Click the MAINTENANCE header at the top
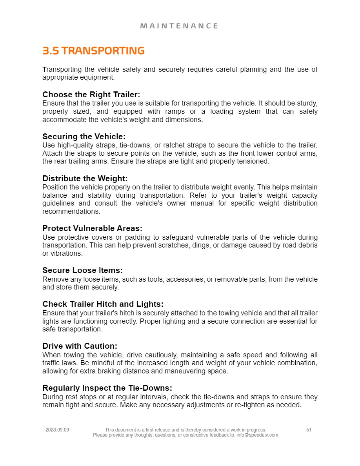(179, 26)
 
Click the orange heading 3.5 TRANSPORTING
(93, 51)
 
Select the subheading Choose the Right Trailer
(91, 95)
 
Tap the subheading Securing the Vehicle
(84, 137)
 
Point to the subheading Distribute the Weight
(85, 178)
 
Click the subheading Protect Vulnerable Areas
(92, 228)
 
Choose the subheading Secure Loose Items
(82, 270)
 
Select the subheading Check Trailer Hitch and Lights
(103, 304)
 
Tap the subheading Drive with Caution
(80, 346)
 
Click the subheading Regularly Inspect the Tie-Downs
(107, 388)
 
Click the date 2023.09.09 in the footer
(57, 430)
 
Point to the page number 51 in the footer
(309, 430)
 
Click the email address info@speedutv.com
(257, 435)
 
